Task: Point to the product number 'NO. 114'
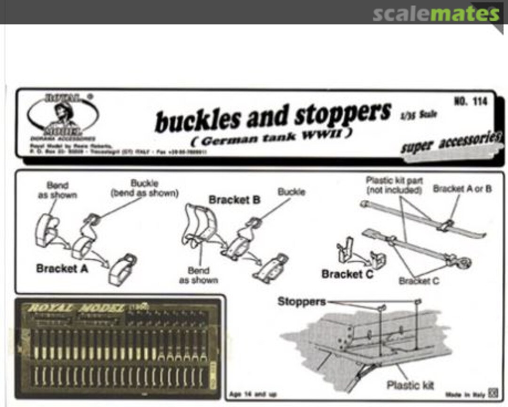470,101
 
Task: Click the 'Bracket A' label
63,268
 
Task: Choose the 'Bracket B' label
234,200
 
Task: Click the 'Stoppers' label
302,301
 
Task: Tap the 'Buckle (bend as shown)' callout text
144,188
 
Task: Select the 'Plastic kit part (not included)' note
394,185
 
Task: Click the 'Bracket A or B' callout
462,189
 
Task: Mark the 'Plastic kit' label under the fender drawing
410,385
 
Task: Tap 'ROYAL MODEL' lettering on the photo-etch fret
75,308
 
